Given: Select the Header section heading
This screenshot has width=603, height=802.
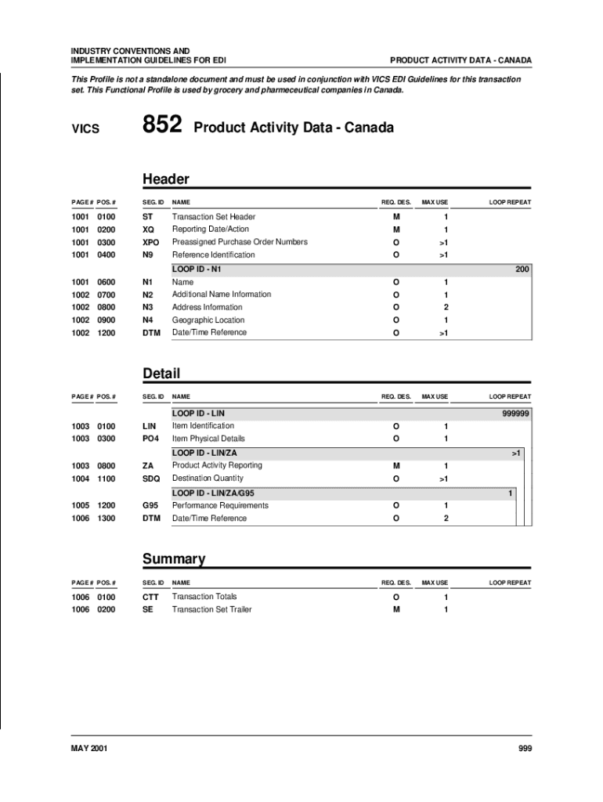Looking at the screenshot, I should point(165,179).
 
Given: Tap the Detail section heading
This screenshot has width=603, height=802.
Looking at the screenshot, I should point(161,374).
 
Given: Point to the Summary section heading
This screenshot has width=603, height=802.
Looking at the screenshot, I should point(173,558).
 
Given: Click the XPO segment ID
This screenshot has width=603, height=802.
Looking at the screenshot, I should point(150,242).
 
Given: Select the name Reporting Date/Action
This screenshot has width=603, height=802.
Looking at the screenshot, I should point(210,229).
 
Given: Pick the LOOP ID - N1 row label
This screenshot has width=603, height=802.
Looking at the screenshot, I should point(198,269).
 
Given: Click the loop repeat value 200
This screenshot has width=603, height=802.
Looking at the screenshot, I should point(522,269).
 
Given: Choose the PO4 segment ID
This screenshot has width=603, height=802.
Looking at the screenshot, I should point(150,439).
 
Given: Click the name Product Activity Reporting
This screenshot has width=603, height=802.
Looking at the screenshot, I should point(217,465).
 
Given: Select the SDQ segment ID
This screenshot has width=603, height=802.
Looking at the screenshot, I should point(150,478).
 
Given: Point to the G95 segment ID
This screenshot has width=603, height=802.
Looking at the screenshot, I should point(150,505).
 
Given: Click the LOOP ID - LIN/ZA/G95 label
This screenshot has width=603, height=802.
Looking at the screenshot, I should point(213,493).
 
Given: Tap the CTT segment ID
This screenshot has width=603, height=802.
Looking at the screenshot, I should point(150,597).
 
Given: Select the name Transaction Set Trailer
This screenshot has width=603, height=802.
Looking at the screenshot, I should point(211,609).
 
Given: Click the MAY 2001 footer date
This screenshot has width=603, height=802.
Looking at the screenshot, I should point(89,749).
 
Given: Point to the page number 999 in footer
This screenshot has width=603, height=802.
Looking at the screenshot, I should point(525,749).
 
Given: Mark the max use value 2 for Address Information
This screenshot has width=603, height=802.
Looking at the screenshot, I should point(446,308).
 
